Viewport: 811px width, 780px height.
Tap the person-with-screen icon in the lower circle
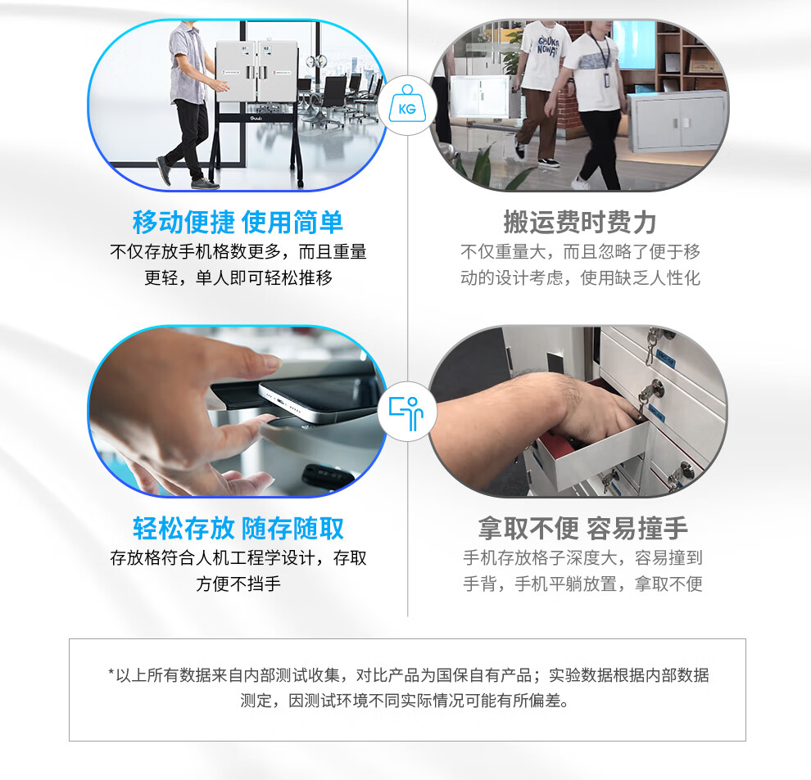(x=406, y=413)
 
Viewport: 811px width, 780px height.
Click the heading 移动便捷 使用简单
(x=238, y=223)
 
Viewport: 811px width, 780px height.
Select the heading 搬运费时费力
(x=580, y=223)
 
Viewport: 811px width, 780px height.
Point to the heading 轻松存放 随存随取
(x=238, y=528)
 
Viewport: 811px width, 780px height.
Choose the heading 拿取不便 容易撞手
(x=583, y=528)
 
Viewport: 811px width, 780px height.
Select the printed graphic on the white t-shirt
(x=547, y=46)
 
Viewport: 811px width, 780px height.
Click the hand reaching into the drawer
(x=543, y=413)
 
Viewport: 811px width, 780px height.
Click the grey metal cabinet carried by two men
(x=677, y=120)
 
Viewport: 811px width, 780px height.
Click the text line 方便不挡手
(x=238, y=584)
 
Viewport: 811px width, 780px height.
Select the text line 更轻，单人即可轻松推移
(x=238, y=278)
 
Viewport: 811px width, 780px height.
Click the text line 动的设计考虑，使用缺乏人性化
(x=580, y=278)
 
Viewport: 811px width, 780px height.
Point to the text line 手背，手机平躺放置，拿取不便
(x=583, y=584)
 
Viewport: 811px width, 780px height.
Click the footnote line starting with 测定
(x=405, y=701)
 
